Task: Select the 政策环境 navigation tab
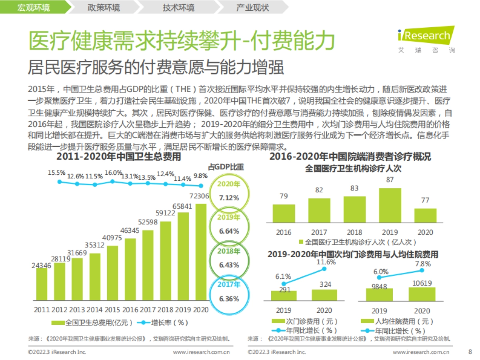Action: point(103,8)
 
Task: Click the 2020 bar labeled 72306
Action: point(201,252)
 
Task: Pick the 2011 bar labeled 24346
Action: point(42,284)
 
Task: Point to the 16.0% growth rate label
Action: point(113,173)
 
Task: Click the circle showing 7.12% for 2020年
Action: point(229,192)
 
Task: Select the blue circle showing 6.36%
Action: point(229,294)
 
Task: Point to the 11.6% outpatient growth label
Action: point(326,262)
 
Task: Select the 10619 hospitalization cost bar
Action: point(422,294)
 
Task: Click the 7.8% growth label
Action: point(423,264)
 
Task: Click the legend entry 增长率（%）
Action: point(164,322)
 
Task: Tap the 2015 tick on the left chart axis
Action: point(112,310)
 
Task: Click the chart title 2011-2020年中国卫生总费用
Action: point(118,157)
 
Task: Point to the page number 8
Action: point(470,352)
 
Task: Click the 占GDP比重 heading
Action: point(226,167)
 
